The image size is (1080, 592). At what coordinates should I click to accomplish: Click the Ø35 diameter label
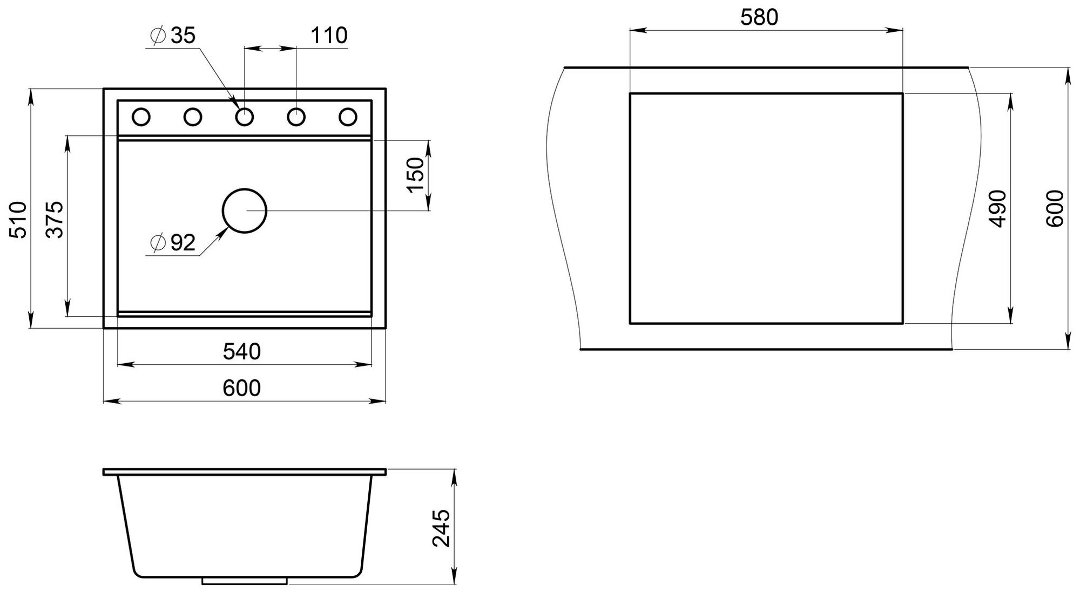174,36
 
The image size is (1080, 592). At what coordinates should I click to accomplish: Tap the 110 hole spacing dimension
329,36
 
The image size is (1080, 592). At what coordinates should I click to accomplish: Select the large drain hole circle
245,210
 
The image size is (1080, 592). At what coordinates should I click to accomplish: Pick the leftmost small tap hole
141,117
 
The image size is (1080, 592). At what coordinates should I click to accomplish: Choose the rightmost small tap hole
348,117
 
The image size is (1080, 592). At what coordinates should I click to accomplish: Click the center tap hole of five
245,117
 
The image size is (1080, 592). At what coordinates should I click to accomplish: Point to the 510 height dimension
18,220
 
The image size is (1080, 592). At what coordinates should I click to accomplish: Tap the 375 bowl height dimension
55,220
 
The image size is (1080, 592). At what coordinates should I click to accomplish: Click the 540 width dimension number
242,352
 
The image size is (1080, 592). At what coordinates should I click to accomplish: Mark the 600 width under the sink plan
242,388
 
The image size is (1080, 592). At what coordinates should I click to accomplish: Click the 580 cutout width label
759,18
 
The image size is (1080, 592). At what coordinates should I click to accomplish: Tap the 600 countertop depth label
1054,209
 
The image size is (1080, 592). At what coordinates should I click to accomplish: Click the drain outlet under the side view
245,581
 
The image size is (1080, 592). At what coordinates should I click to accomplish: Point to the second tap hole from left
193,117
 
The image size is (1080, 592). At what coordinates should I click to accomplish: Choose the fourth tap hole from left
296,117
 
